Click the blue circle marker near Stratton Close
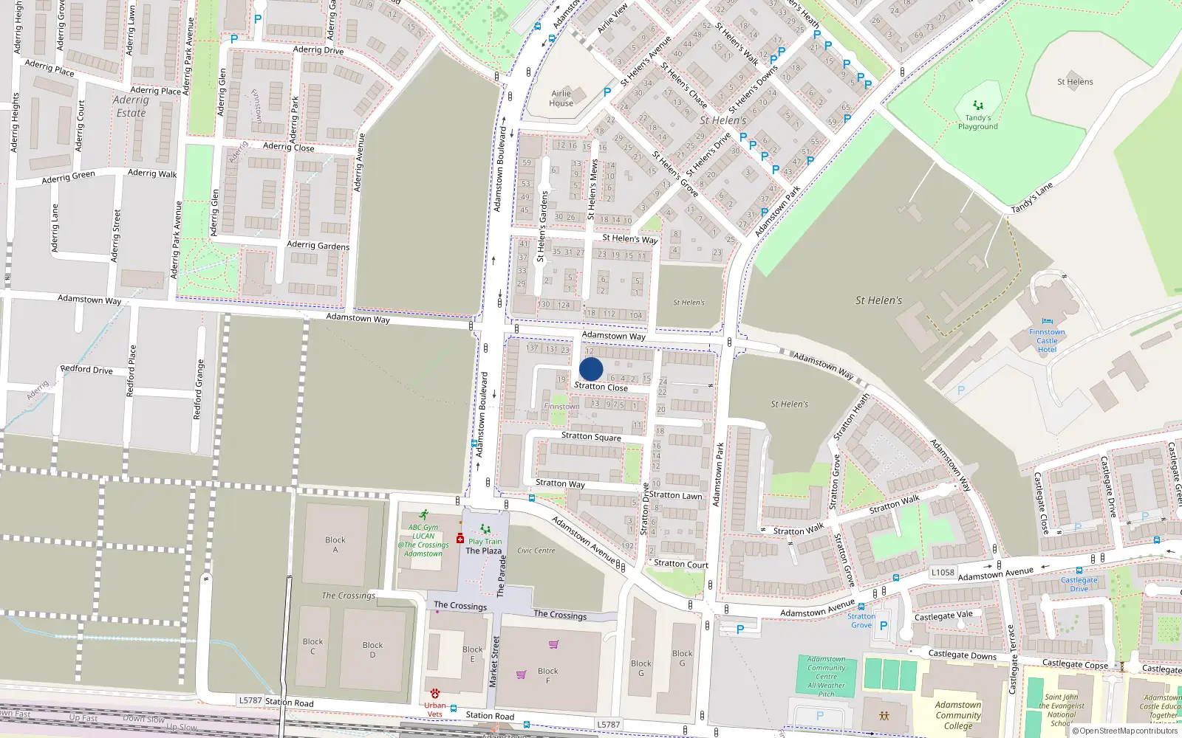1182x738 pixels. tap(591, 369)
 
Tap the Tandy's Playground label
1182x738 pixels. tap(977, 122)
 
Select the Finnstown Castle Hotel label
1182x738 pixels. tap(1047, 340)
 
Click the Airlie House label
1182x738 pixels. tap(561, 98)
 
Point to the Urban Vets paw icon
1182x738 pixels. tap(435, 694)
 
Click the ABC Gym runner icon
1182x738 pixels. tap(423, 514)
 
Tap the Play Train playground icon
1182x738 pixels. tap(485, 529)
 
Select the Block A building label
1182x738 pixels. tap(335, 544)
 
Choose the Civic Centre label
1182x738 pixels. tap(536, 551)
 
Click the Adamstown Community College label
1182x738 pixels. tap(958, 715)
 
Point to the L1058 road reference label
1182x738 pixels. tap(943, 572)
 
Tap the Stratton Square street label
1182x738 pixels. tap(591, 436)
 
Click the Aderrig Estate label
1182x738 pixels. tap(131, 106)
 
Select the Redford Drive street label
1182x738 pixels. tap(86, 369)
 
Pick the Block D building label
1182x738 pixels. tap(372, 649)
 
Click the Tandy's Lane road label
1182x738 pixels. tap(1031, 199)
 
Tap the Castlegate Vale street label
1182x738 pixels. tap(943, 615)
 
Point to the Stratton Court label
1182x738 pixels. tap(680, 564)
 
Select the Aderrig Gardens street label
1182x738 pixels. tap(318, 245)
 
